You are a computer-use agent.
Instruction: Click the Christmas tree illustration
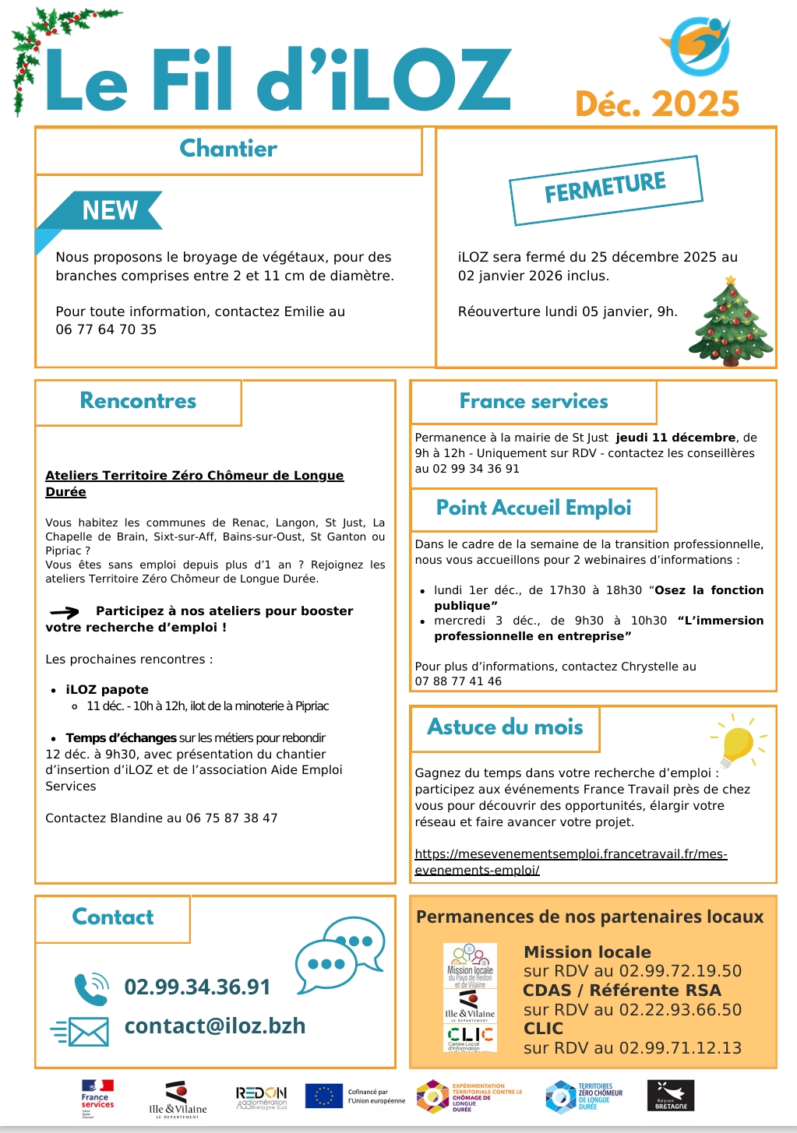coord(731,322)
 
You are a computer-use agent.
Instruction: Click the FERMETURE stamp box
coord(605,189)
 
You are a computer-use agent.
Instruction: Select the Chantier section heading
coord(228,149)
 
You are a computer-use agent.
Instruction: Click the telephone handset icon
coord(90,988)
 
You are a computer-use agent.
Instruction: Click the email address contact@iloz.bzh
coord(215,1026)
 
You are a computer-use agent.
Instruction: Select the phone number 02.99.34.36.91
coord(197,987)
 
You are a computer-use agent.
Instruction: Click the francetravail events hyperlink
coord(570,862)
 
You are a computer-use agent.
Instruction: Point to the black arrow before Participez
coord(65,612)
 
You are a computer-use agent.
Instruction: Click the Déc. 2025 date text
coord(657,104)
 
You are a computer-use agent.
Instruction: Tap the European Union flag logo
coord(323,1096)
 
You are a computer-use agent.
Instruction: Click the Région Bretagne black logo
coord(670,1096)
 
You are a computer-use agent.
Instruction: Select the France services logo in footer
coord(97,1098)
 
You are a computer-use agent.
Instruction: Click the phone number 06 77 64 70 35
coord(106,329)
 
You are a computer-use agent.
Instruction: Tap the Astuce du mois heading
coord(505,727)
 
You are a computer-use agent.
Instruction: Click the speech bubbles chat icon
coord(340,954)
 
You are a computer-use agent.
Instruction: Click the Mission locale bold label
coord(587,952)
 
